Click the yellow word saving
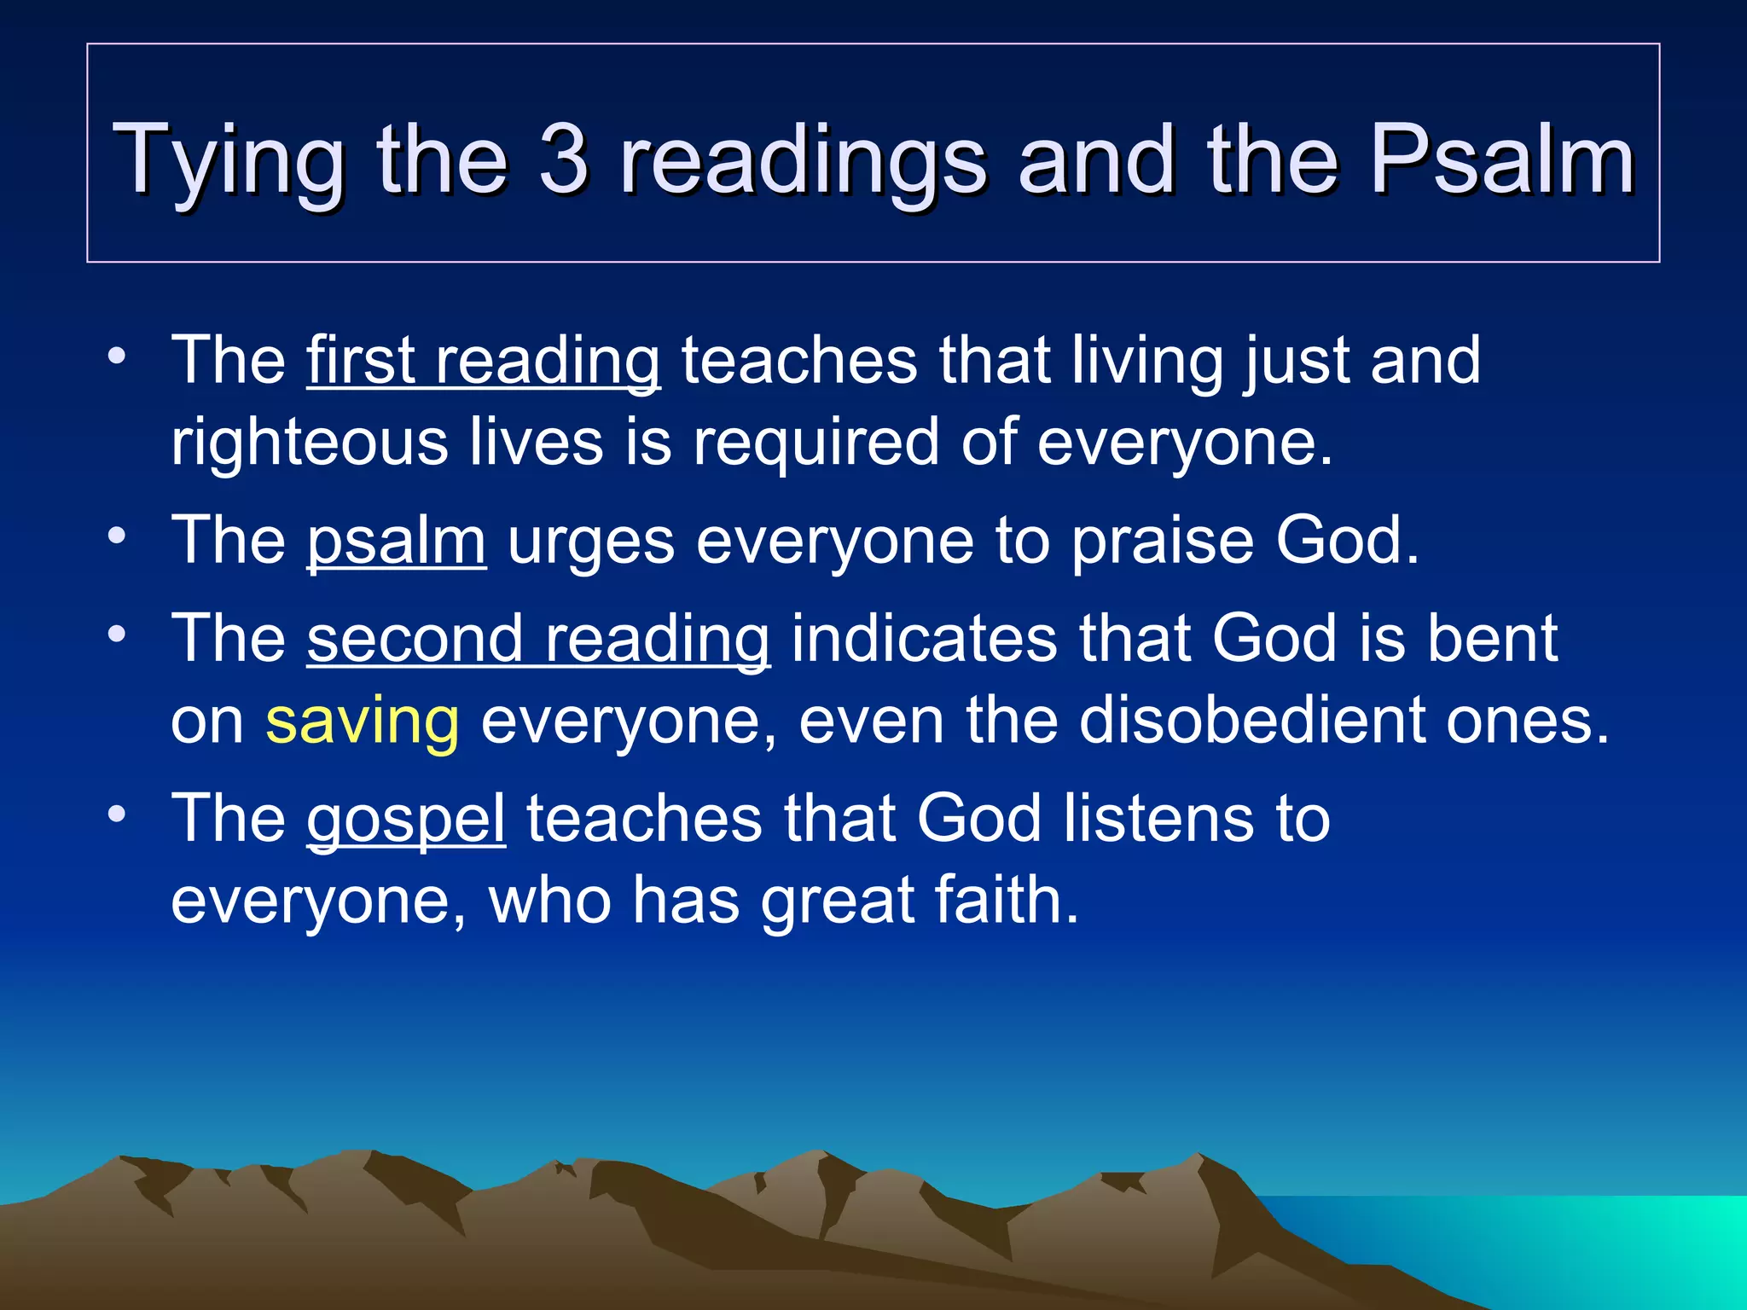(x=363, y=722)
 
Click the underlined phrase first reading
(x=483, y=362)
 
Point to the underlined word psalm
(x=396, y=542)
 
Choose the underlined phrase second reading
(x=538, y=640)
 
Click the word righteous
(x=309, y=443)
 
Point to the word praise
(x=1162, y=542)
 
